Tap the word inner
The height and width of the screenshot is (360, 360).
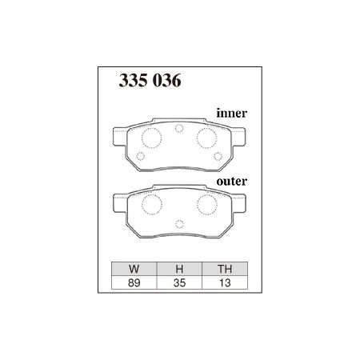point(232,114)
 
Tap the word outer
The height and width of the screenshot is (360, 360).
point(232,182)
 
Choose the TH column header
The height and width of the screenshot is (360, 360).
point(224,269)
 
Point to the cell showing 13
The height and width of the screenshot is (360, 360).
point(224,282)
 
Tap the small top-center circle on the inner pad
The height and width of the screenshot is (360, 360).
point(178,128)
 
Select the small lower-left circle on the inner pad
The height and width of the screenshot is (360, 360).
point(143,154)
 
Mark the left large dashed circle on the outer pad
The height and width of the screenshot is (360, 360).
point(150,205)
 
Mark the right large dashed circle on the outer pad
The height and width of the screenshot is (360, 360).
point(204,205)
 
